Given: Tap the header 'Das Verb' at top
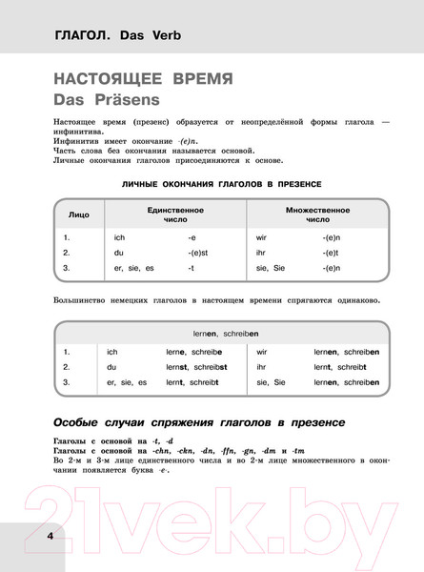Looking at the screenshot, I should (x=151, y=39).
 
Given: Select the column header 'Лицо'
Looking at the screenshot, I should (x=79, y=214).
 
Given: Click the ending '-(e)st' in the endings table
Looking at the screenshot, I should (x=200, y=253).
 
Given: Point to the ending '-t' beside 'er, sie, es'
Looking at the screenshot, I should (x=192, y=269).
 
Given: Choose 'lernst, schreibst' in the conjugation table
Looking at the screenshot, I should (x=198, y=366).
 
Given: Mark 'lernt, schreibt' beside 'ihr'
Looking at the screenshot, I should (x=340, y=366).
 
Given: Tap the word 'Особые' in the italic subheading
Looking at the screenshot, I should (x=86, y=422).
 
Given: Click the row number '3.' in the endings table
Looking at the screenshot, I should (x=66, y=269).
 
